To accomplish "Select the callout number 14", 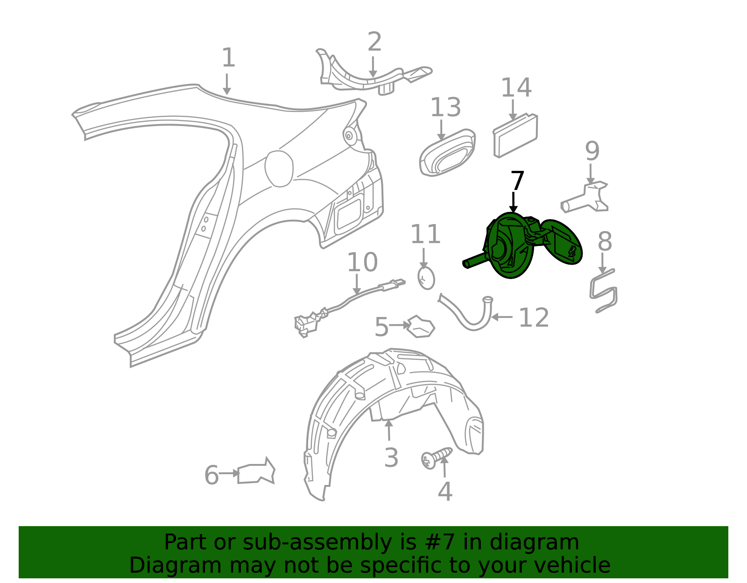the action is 516,88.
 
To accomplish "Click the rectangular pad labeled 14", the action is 515,135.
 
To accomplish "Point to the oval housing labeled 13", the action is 448,153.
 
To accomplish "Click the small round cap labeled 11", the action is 426,278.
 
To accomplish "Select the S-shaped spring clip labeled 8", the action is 604,291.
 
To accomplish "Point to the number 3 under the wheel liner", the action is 391,457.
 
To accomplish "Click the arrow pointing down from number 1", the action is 226,84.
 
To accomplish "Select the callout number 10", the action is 362,262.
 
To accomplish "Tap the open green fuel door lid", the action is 561,242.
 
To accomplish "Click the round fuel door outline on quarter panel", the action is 279,169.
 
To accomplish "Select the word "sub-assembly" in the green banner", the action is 317,543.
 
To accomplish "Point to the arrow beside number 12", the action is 501,317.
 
